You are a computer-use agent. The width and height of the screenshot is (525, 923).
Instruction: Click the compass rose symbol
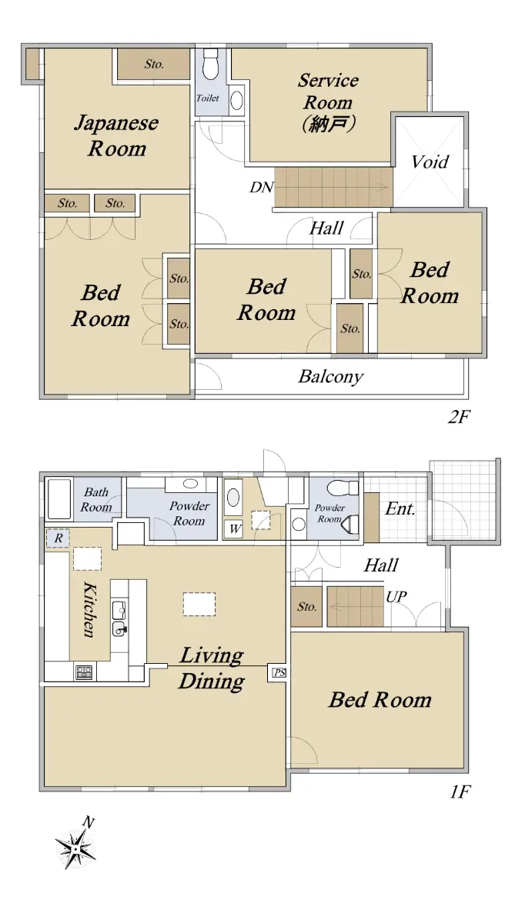[76, 849]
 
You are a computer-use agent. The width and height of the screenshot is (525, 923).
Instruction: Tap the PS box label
[279, 673]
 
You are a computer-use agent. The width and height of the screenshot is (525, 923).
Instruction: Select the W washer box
[235, 528]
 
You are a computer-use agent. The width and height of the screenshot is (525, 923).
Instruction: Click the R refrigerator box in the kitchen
[58, 538]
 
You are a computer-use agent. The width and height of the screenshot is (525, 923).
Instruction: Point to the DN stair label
[262, 188]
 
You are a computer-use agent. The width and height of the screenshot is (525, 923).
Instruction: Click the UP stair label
[396, 597]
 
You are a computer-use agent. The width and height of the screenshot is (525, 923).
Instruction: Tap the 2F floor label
[459, 418]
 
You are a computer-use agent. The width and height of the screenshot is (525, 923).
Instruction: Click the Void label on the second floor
[430, 162]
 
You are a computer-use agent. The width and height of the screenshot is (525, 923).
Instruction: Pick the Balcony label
[331, 377]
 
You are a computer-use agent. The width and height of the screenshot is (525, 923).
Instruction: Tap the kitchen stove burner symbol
[84, 672]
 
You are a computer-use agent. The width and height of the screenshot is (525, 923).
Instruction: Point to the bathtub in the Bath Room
[59, 498]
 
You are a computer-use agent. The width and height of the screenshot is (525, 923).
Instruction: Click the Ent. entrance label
[400, 509]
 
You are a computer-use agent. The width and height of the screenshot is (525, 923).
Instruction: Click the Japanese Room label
[117, 136]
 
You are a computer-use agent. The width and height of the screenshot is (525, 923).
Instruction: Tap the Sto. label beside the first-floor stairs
[307, 607]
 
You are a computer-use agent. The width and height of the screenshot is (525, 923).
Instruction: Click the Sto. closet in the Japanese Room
[153, 64]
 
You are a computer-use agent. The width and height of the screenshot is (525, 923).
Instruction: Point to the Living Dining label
[212, 668]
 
